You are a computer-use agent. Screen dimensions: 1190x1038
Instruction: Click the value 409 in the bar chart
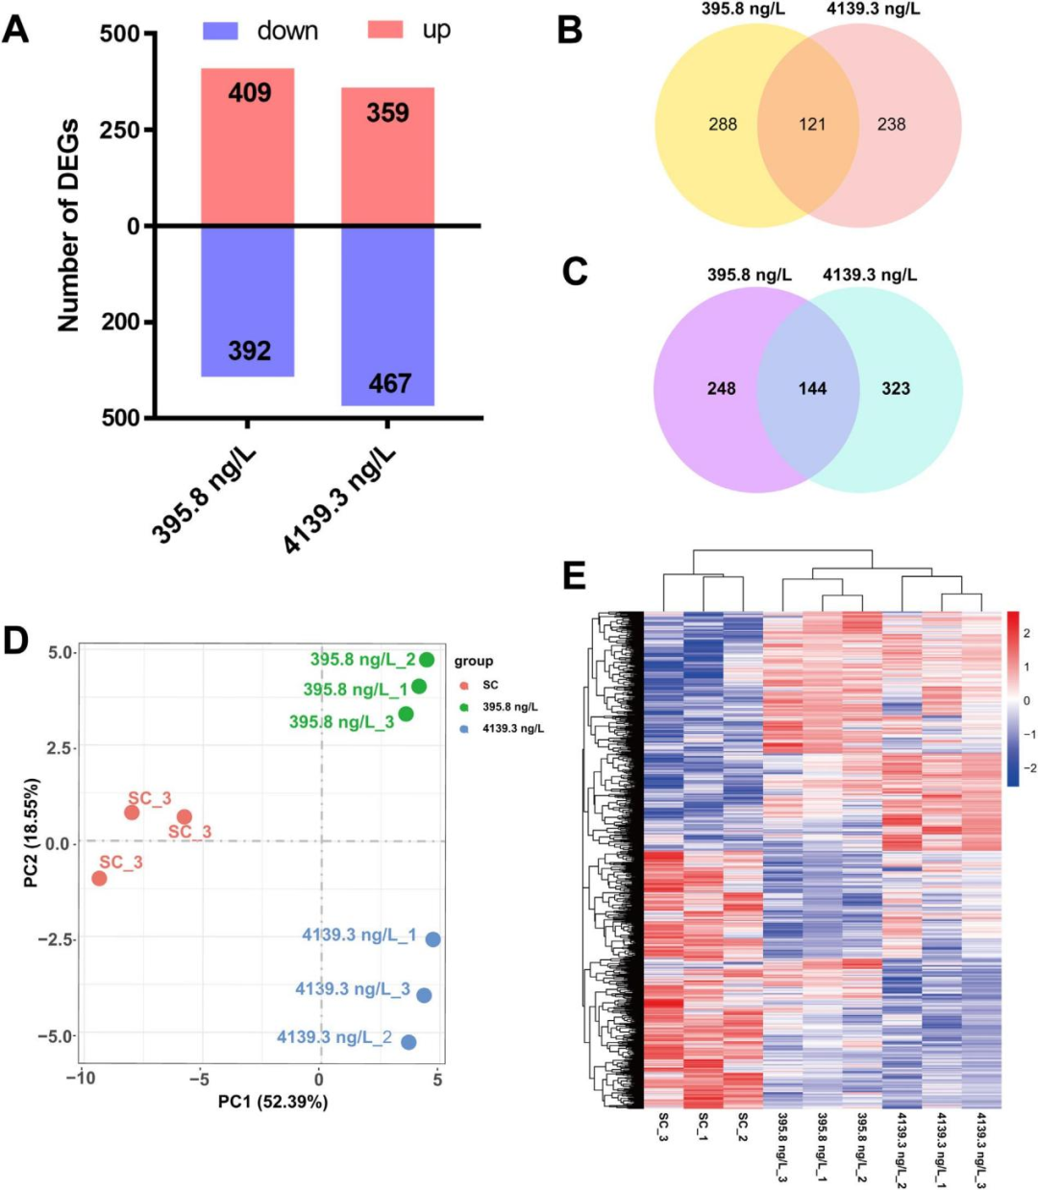pyautogui.click(x=249, y=93)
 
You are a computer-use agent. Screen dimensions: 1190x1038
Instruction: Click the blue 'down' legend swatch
pyautogui.click(x=220, y=31)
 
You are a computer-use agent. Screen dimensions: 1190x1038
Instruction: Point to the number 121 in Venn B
pyautogui.click(x=812, y=124)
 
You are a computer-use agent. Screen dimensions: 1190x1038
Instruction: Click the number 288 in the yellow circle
pyautogui.click(x=723, y=124)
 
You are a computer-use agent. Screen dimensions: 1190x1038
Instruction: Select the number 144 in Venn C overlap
pyautogui.click(x=812, y=388)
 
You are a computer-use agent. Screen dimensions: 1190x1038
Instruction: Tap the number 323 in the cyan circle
pyautogui.click(x=896, y=388)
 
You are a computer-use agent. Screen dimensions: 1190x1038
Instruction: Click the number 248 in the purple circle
pyautogui.click(x=721, y=388)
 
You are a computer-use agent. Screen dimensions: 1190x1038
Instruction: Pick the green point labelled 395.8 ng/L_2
pyautogui.click(x=427, y=660)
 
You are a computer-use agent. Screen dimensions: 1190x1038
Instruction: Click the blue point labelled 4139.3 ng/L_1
pyautogui.click(x=433, y=939)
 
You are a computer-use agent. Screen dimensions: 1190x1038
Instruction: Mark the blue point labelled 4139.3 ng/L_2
pyautogui.click(x=408, y=1042)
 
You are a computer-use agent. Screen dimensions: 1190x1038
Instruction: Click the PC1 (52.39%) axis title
pyautogui.click(x=273, y=1102)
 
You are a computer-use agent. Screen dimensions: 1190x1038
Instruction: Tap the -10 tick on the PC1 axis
pyautogui.click(x=80, y=1079)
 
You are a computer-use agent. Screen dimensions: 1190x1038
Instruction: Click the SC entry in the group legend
pyautogui.click(x=490, y=685)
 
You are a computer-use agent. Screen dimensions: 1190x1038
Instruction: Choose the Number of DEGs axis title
pyautogui.click(x=68, y=226)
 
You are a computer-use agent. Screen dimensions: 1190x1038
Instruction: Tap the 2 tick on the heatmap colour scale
pyautogui.click(x=1026, y=633)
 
